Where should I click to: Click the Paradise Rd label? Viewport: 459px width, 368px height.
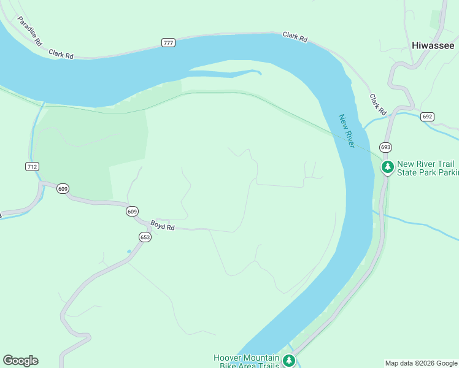(x=29, y=31)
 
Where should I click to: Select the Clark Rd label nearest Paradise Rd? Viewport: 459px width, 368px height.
(x=62, y=54)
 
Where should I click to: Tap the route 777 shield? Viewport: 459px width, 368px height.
(x=168, y=42)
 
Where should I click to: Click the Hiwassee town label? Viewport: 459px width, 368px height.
(x=433, y=45)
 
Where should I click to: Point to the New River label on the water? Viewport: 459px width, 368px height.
(x=347, y=130)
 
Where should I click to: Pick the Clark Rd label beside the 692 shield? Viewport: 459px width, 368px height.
(x=378, y=105)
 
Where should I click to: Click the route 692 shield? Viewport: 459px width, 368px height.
(x=428, y=116)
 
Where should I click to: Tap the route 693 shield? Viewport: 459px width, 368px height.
(x=385, y=147)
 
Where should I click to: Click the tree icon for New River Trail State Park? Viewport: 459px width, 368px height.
(x=387, y=167)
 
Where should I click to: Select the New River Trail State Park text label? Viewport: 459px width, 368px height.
(x=428, y=168)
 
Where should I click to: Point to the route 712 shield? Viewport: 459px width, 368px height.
(x=33, y=166)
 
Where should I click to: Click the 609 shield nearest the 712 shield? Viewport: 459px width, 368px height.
(x=63, y=188)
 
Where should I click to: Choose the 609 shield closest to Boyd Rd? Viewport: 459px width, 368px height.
(x=132, y=211)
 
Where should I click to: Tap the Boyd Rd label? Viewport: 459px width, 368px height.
(x=163, y=226)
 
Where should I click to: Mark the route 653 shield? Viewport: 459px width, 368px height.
(x=145, y=237)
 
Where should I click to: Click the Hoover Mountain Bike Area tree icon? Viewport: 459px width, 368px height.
(x=288, y=361)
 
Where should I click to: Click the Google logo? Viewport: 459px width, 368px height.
(x=20, y=360)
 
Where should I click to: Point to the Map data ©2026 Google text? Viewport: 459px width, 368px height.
(x=421, y=363)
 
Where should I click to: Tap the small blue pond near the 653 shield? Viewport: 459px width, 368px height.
(x=129, y=251)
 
